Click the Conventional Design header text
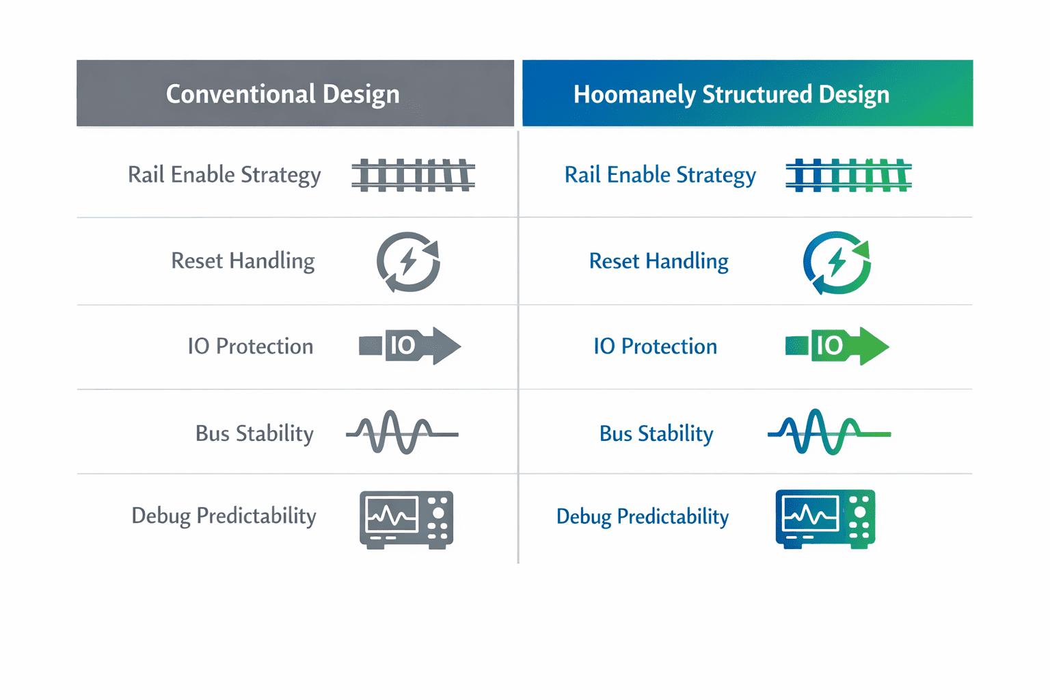coord(282,94)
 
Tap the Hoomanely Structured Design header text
coord(731,95)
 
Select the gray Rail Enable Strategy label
coord(224,175)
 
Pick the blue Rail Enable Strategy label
coord(660,175)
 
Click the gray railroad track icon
coord(414,175)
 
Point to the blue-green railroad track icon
coord(849,175)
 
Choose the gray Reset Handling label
coord(243,260)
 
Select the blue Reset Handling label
coord(658,261)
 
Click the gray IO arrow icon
coord(410,346)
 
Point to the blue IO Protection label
coord(656,347)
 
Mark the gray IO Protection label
coord(250,347)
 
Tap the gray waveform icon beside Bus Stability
coord(402,433)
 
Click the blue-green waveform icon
coord(829,432)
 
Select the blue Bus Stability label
coord(656,433)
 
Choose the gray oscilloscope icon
coord(407,520)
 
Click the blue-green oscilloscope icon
coord(826,520)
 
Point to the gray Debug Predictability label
coord(224,516)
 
